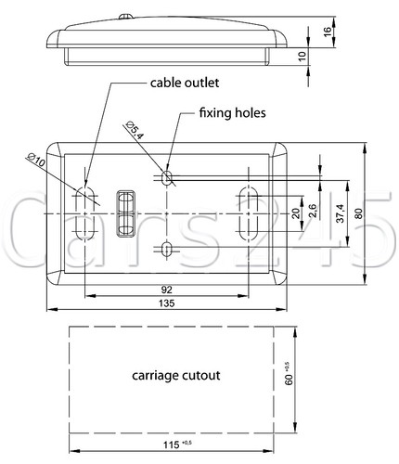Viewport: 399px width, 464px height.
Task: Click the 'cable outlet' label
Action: click(185, 83)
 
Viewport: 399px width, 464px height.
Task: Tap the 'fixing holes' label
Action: click(232, 113)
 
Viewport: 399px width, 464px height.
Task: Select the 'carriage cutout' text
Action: click(176, 376)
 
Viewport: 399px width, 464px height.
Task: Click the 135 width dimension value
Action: click(167, 303)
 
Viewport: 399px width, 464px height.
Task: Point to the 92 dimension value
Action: click(167, 290)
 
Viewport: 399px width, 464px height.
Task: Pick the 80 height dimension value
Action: click(358, 213)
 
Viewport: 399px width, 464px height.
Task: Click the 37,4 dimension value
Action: click(341, 213)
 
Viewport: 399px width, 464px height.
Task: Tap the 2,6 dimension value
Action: click(313, 211)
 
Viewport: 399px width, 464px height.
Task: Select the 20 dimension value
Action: click(296, 213)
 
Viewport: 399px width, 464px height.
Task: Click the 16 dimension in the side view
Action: click(328, 32)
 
